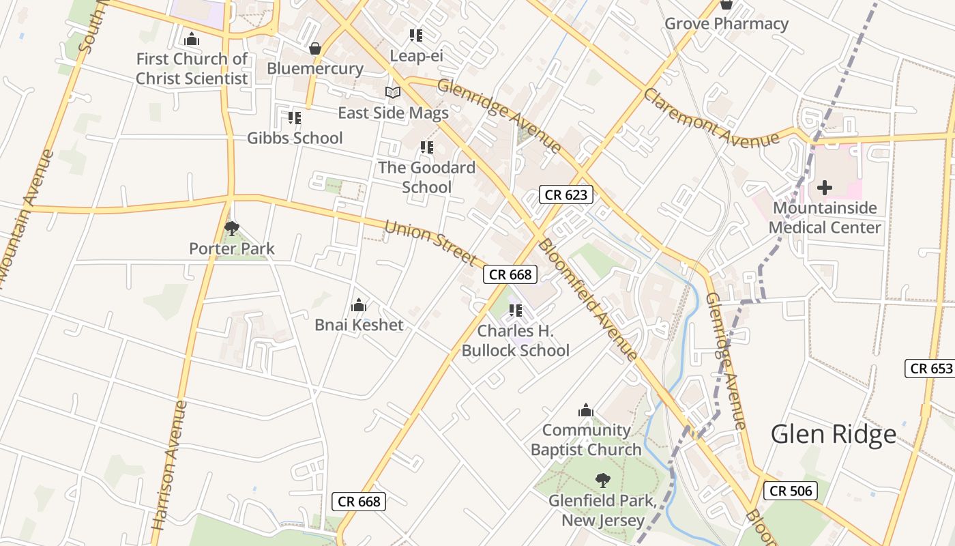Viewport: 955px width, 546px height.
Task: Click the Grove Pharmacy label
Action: [x=726, y=24]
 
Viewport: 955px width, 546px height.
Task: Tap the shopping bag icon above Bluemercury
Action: [x=315, y=48]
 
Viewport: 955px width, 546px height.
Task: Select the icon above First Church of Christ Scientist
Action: [x=192, y=39]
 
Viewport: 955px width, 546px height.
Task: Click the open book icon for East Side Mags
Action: [x=393, y=92]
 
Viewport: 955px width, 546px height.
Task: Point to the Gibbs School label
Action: [x=295, y=138]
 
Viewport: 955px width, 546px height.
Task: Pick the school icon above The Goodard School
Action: [x=427, y=147]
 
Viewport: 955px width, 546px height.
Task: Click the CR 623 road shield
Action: [x=566, y=195]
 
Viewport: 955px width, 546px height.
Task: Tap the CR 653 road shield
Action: [x=931, y=369]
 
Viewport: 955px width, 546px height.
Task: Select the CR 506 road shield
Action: [x=790, y=490]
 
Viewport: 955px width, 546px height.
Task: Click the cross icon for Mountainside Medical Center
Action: [x=825, y=187]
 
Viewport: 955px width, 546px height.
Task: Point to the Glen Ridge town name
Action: [x=834, y=434]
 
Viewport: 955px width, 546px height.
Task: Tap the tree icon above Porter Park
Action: [x=232, y=228]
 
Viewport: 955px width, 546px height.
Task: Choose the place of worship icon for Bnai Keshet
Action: [x=359, y=305]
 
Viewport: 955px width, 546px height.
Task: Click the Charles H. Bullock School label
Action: [x=516, y=341]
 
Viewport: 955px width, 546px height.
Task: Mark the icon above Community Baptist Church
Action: [x=585, y=410]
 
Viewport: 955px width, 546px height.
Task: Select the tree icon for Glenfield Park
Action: [x=602, y=480]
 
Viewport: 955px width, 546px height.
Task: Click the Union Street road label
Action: [x=430, y=242]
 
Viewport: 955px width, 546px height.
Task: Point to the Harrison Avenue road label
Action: [x=169, y=465]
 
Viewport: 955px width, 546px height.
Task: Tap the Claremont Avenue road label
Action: [x=711, y=118]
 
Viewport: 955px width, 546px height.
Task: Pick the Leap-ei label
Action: [x=416, y=55]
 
